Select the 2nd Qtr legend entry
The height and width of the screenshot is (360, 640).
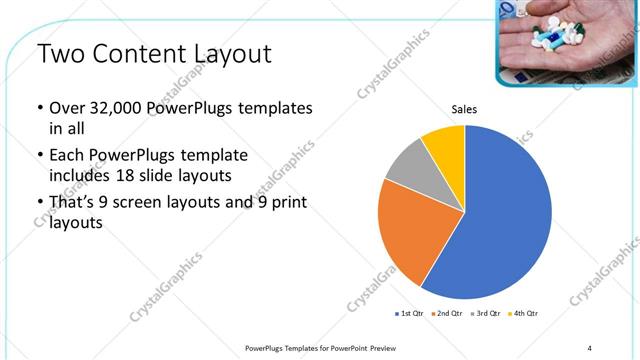(448, 314)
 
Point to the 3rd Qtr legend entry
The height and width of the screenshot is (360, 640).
(485, 314)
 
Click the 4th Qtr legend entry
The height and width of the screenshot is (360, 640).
(522, 314)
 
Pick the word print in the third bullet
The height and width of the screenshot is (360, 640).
(283, 203)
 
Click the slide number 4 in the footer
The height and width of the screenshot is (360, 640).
(590, 347)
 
